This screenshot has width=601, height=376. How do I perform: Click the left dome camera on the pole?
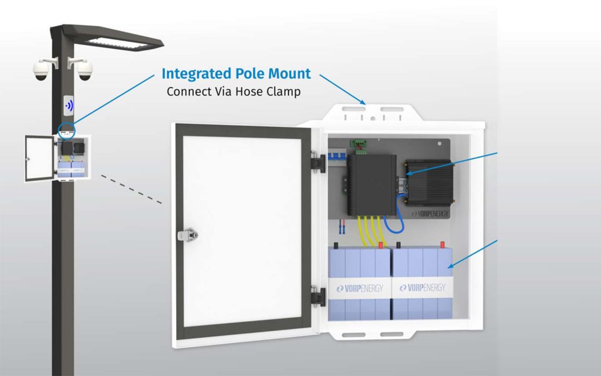[41, 70]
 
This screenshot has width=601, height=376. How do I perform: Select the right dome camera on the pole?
[85, 70]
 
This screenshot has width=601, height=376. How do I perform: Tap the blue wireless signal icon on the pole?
[69, 106]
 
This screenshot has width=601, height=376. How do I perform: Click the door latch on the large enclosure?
[188, 235]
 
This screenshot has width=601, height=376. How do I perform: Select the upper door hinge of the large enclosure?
[318, 163]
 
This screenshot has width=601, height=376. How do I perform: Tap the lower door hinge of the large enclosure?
[318, 297]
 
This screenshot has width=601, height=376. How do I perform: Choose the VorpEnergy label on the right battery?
[422, 288]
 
